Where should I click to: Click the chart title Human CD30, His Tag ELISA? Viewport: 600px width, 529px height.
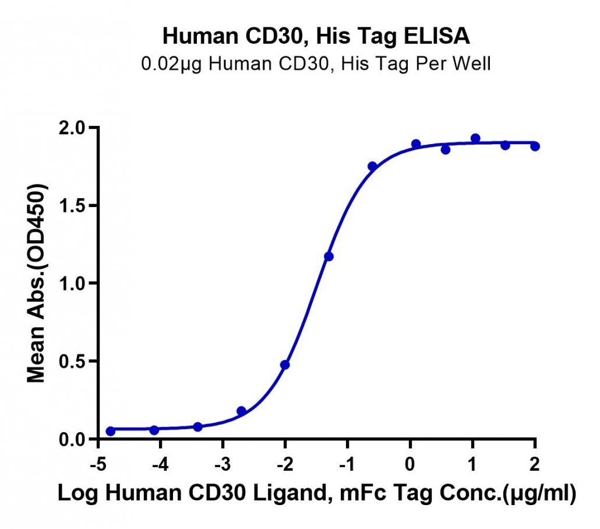click(316, 36)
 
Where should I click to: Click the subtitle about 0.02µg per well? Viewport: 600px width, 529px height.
click(316, 64)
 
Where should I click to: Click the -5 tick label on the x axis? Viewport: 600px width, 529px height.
click(98, 464)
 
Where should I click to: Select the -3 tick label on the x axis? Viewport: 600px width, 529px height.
click(223, 464)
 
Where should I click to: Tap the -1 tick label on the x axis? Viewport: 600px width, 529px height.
click(347, 464)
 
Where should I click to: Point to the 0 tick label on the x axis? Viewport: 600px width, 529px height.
click(410, 464)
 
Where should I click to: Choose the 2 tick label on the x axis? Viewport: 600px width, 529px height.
click(535, 464)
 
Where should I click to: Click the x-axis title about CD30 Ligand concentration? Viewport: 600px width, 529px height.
click(317, 493)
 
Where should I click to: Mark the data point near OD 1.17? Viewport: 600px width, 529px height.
click(329, 256)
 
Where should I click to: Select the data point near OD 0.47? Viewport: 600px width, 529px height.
click(285, 365)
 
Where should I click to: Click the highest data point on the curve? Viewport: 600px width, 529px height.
click(475, 138)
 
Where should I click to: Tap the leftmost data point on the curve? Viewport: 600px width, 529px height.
click(110, 432)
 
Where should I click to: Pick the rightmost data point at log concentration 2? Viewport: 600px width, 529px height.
click(535, 146)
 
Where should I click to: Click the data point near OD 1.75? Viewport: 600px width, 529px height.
click(372, 166)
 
